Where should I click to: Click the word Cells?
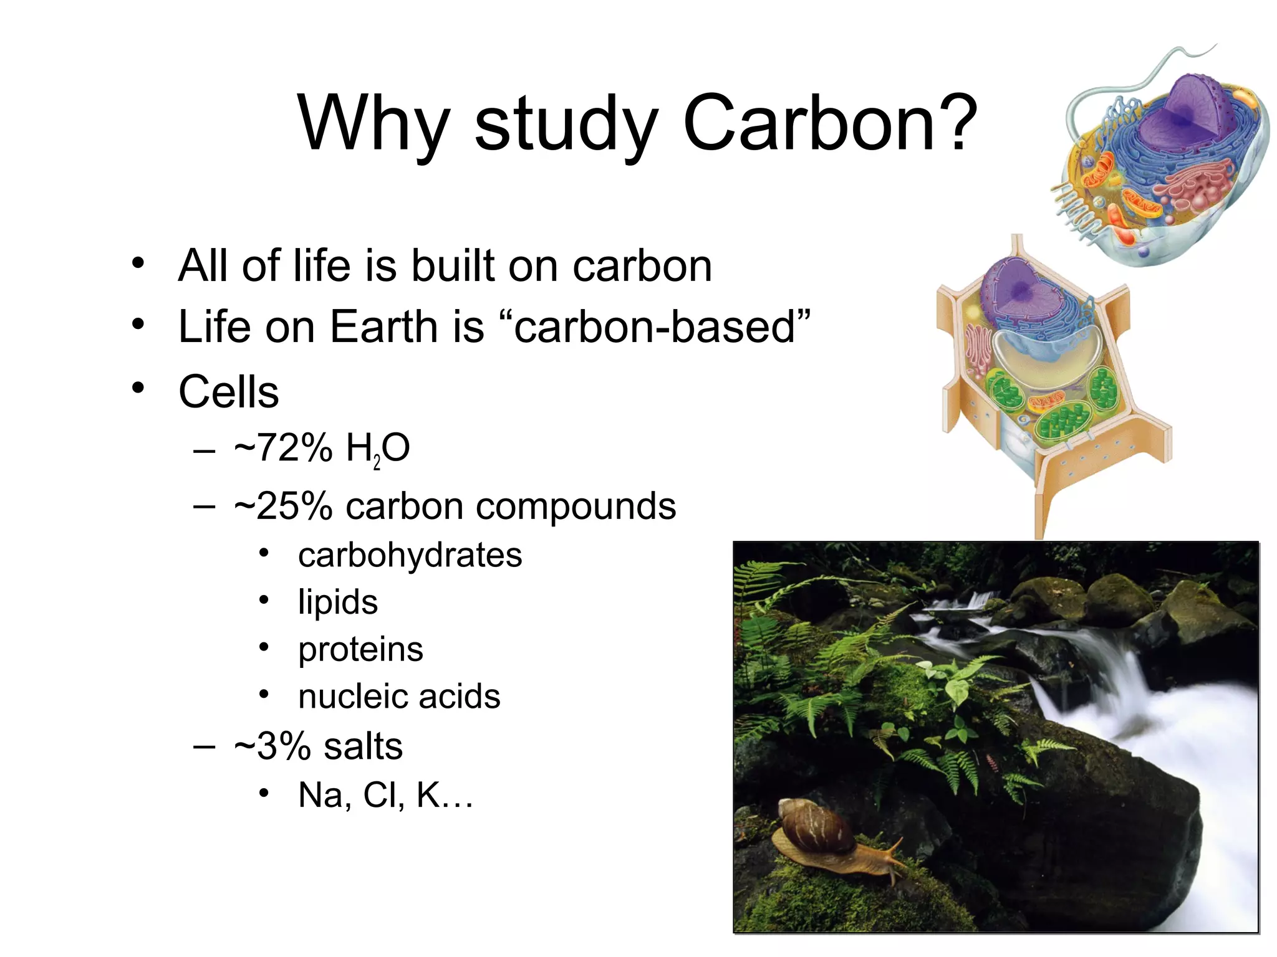228,392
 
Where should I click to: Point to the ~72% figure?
284,447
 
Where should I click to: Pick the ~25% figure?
284,506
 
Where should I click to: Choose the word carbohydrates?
410,555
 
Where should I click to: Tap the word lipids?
337,602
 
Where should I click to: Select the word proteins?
360,649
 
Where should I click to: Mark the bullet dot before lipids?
264,600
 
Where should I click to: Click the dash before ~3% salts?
205,746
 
